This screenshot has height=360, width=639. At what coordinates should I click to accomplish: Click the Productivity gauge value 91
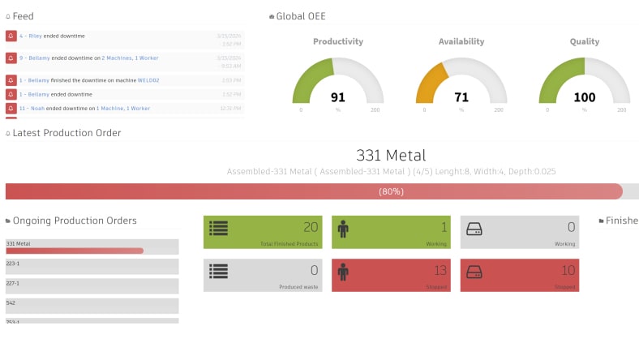[x=337, y=97]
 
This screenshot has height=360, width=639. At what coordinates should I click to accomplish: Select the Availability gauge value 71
[x=461, y=97]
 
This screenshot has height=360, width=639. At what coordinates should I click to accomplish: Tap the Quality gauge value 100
[x=584, y=97]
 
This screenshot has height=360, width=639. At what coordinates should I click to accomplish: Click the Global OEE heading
[x=301, y=16]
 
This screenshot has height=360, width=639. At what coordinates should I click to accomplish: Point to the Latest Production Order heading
[x=66, y=133]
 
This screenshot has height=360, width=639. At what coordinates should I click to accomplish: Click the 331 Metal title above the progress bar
[x=391, y=155]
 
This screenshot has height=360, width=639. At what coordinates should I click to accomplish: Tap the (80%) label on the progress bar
[x=391, y=191]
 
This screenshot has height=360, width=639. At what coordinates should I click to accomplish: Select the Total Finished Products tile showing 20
[x=262, y=232]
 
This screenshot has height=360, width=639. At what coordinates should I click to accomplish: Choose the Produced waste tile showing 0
[x=262, y=276]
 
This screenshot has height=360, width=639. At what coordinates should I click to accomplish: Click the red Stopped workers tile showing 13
[x=391, y=276]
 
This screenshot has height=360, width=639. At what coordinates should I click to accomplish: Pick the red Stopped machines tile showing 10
[x=520, y=276]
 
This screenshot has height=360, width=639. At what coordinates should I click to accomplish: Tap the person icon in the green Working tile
[x=343, y=229]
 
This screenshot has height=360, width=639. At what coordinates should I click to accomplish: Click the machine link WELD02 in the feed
[x=148, y=80]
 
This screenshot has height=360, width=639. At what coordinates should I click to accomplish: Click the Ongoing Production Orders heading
[x=75, y=221]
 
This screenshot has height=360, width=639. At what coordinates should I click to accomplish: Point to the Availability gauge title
[x=461, y=41]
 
